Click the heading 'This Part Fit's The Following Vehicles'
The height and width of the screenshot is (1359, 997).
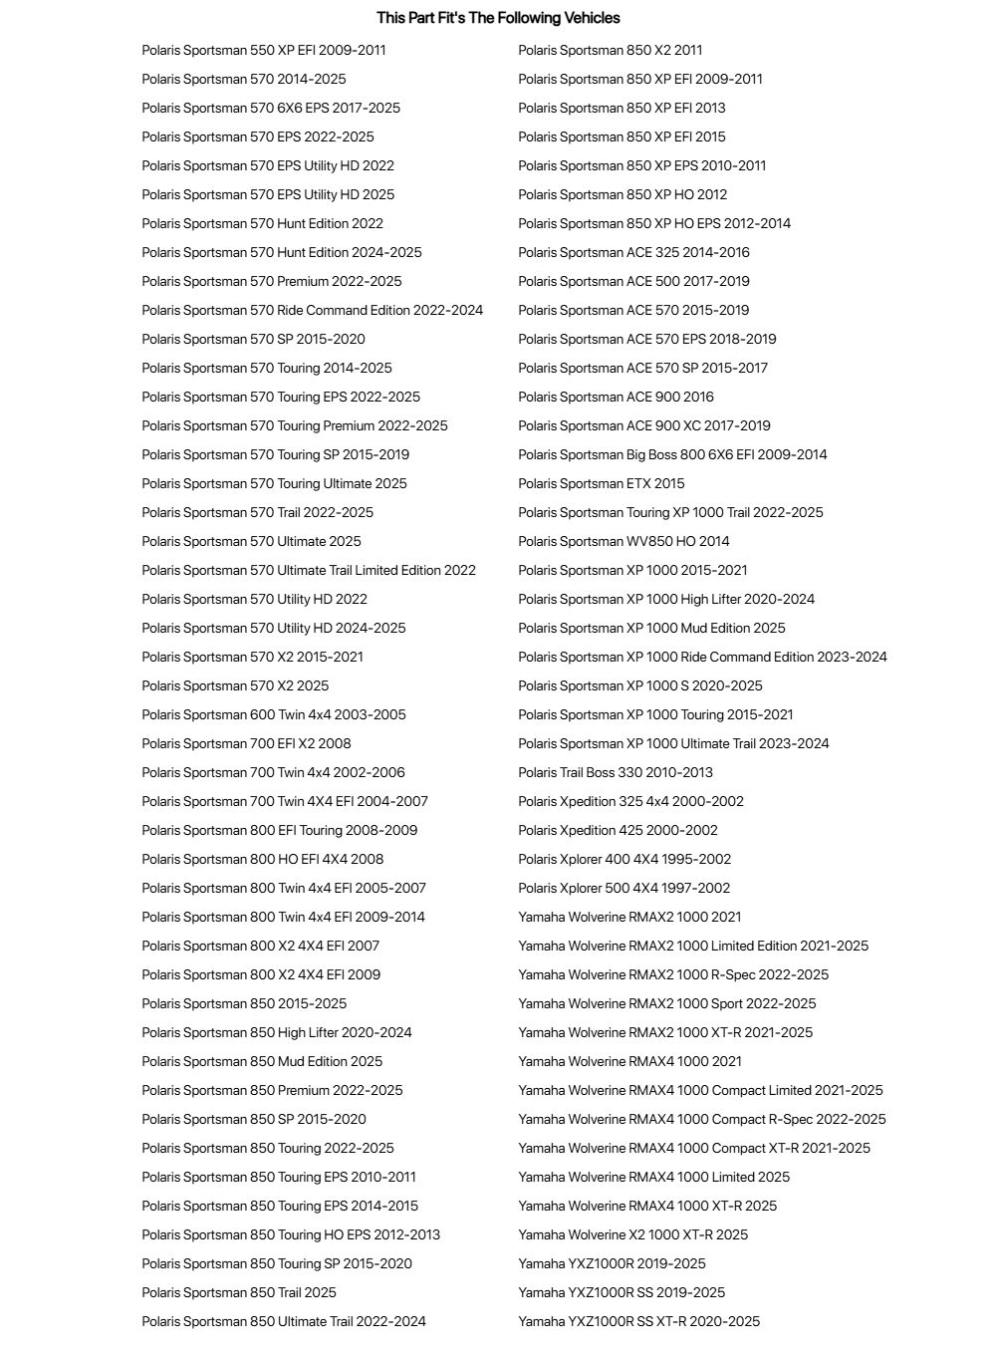coord(498,18)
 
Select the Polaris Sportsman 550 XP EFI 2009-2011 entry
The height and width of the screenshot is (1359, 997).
coord(264,50)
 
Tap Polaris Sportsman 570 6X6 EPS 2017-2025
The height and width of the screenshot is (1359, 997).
coord(271,108)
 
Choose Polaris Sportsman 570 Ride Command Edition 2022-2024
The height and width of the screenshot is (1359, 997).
coord(312,310)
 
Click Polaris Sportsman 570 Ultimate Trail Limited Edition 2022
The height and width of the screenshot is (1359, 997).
coord(309,570)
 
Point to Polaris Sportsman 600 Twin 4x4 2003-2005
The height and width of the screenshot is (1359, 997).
coord(274,714)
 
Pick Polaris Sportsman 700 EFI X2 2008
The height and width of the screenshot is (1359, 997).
coord(246,743)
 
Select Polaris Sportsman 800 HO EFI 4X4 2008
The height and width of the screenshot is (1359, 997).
coord(262,859)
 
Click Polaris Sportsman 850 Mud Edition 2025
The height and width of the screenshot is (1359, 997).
coord(262,1061)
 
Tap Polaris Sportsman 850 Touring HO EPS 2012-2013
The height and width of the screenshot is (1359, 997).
coord(291,1234)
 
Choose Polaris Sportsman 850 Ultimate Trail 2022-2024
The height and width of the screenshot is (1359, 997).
coord(284,1321)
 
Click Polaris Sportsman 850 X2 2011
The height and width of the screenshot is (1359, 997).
coord(610,50)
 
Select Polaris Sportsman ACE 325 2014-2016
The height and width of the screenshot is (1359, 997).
coord(633,252)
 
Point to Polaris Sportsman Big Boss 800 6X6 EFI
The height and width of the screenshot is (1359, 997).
coord(672,454)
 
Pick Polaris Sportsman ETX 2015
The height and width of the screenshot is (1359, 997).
coord(602,483)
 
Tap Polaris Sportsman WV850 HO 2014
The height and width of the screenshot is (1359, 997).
coord(623,541)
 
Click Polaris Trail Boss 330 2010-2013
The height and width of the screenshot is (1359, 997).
coord(616,772)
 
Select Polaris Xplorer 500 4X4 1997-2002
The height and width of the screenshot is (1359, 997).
coord(623,888)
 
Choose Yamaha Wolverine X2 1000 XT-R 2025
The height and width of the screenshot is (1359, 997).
coord(632,1234)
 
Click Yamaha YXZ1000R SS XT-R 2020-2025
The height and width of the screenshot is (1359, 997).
coord(638,1321)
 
